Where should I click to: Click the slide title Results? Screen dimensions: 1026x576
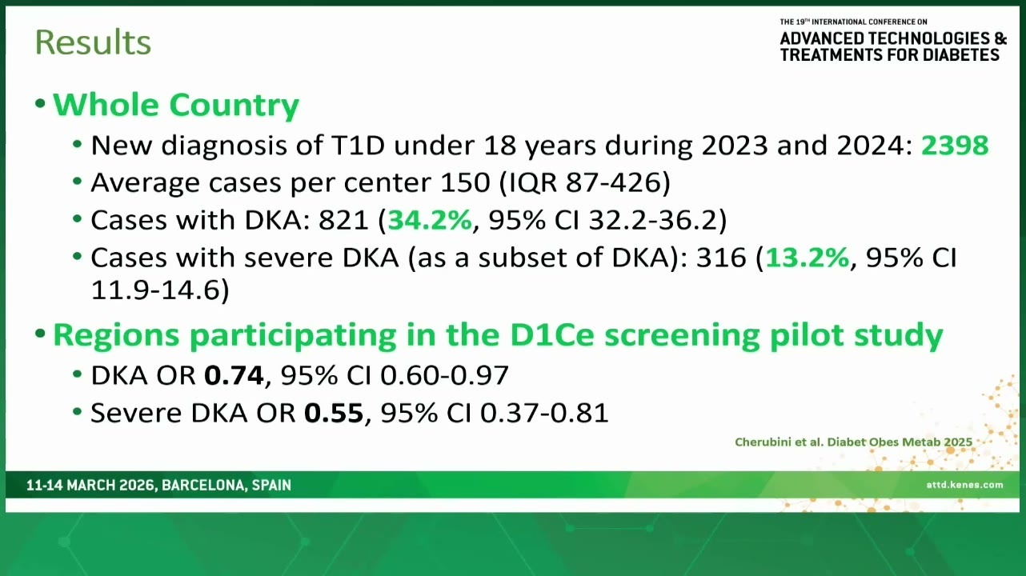[x=93, y=42]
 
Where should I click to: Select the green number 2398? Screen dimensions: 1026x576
[x=955, y=145]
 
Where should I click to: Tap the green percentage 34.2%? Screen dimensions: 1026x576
[x=430, y=220]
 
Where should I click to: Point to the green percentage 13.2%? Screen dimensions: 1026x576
[x=807, y=258]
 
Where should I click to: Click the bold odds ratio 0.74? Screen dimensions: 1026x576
[x=234, y=375]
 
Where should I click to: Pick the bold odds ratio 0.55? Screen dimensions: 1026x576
[x=334, y=413]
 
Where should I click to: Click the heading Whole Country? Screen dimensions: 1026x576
[x=176, y=105]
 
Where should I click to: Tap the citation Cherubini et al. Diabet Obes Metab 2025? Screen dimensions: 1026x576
[x=853, y=442]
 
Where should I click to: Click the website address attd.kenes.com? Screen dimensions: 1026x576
[x=964, y=485]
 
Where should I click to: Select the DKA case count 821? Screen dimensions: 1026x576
[x=343, y=220]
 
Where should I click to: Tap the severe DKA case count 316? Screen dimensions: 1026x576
[x=721, y=258]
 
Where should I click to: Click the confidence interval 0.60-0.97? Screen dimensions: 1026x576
[x=444, y=375]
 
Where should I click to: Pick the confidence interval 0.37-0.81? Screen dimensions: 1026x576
[x=544, y=413]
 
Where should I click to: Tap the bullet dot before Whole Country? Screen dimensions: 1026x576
[x=40, y=103]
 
